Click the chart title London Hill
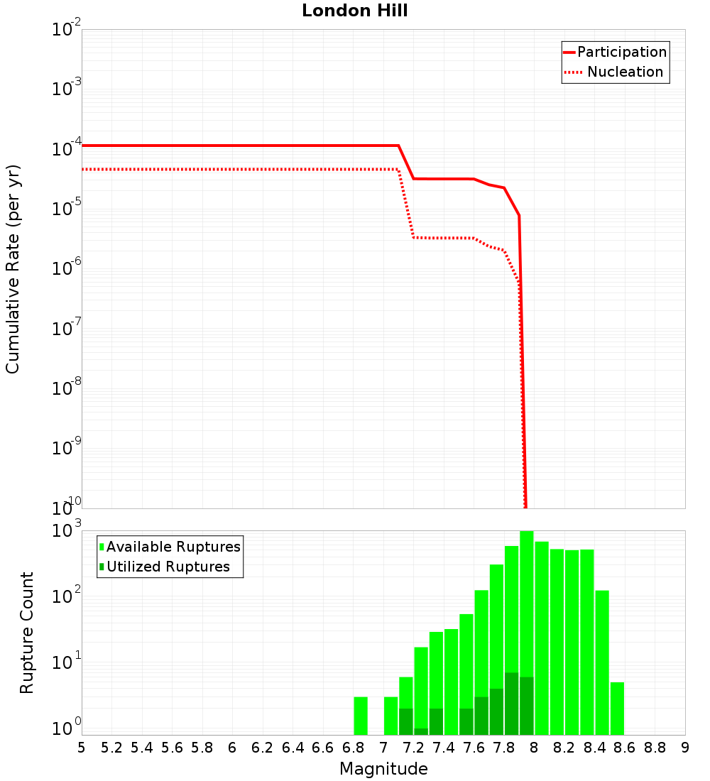(x=354, y=11)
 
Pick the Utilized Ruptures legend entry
(x=168, y=567)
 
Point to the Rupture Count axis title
(x=27, y=633)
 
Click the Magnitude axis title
(x=383, y=769)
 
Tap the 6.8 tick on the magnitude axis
(x=354, y=748)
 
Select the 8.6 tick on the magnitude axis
(x=625, y=748)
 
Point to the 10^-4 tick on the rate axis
(x=66, y=149)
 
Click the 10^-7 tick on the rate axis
(x=66, y=329)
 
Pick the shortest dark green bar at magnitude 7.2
(x=421, y=731)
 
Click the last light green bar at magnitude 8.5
(x=617, y=709)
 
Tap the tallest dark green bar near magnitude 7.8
(x=512, y=703)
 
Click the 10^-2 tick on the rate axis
(x=66, y=30)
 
